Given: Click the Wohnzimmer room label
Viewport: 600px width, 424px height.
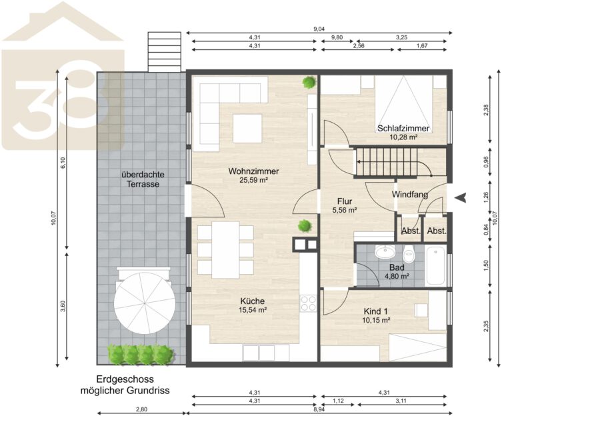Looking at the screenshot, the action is [x=253, y=171].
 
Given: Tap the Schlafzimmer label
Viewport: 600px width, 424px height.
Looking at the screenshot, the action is [x=403, y=128].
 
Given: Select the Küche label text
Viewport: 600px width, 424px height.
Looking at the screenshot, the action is [x=253, y=301].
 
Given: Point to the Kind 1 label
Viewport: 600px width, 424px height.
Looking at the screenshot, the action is [x=375, y=311].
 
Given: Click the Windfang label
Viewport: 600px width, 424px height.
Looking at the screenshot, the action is [x=410, y=195].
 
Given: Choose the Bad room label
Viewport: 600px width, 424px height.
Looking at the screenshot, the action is [x=397, y=267].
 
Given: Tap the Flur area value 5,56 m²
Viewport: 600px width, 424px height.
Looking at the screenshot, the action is [x=345, y=210].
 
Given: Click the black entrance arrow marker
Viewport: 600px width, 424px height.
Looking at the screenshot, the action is [x=462, y=197].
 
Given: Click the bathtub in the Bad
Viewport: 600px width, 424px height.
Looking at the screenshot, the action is [x=435, y=265].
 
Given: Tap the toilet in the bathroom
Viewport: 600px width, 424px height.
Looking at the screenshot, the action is [x=409, y=254].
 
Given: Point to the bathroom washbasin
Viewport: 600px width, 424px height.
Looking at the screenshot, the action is [x=384, y=252].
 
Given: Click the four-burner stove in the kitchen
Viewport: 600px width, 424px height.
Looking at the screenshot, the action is [x=308, y=303].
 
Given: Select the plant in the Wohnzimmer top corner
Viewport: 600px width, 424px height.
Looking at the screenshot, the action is [x=309, y=82].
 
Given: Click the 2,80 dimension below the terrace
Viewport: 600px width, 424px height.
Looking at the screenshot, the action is [x=141, y=409].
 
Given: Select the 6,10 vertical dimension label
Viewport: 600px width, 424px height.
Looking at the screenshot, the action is [x=63, y=163].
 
